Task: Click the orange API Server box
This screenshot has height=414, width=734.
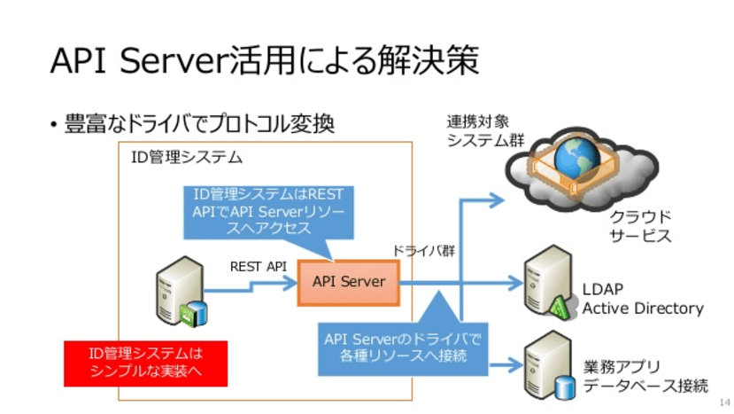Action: (349, 282)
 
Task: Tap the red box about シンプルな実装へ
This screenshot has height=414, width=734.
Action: (145, 363)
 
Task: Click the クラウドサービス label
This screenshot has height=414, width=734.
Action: (639, 226)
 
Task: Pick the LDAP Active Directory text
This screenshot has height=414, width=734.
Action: (642, 299)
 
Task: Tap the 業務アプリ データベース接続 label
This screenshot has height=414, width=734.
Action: (645, 376)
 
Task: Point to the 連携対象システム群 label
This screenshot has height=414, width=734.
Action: (483, 130)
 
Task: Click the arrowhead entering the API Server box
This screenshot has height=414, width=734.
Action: (290, 282)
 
